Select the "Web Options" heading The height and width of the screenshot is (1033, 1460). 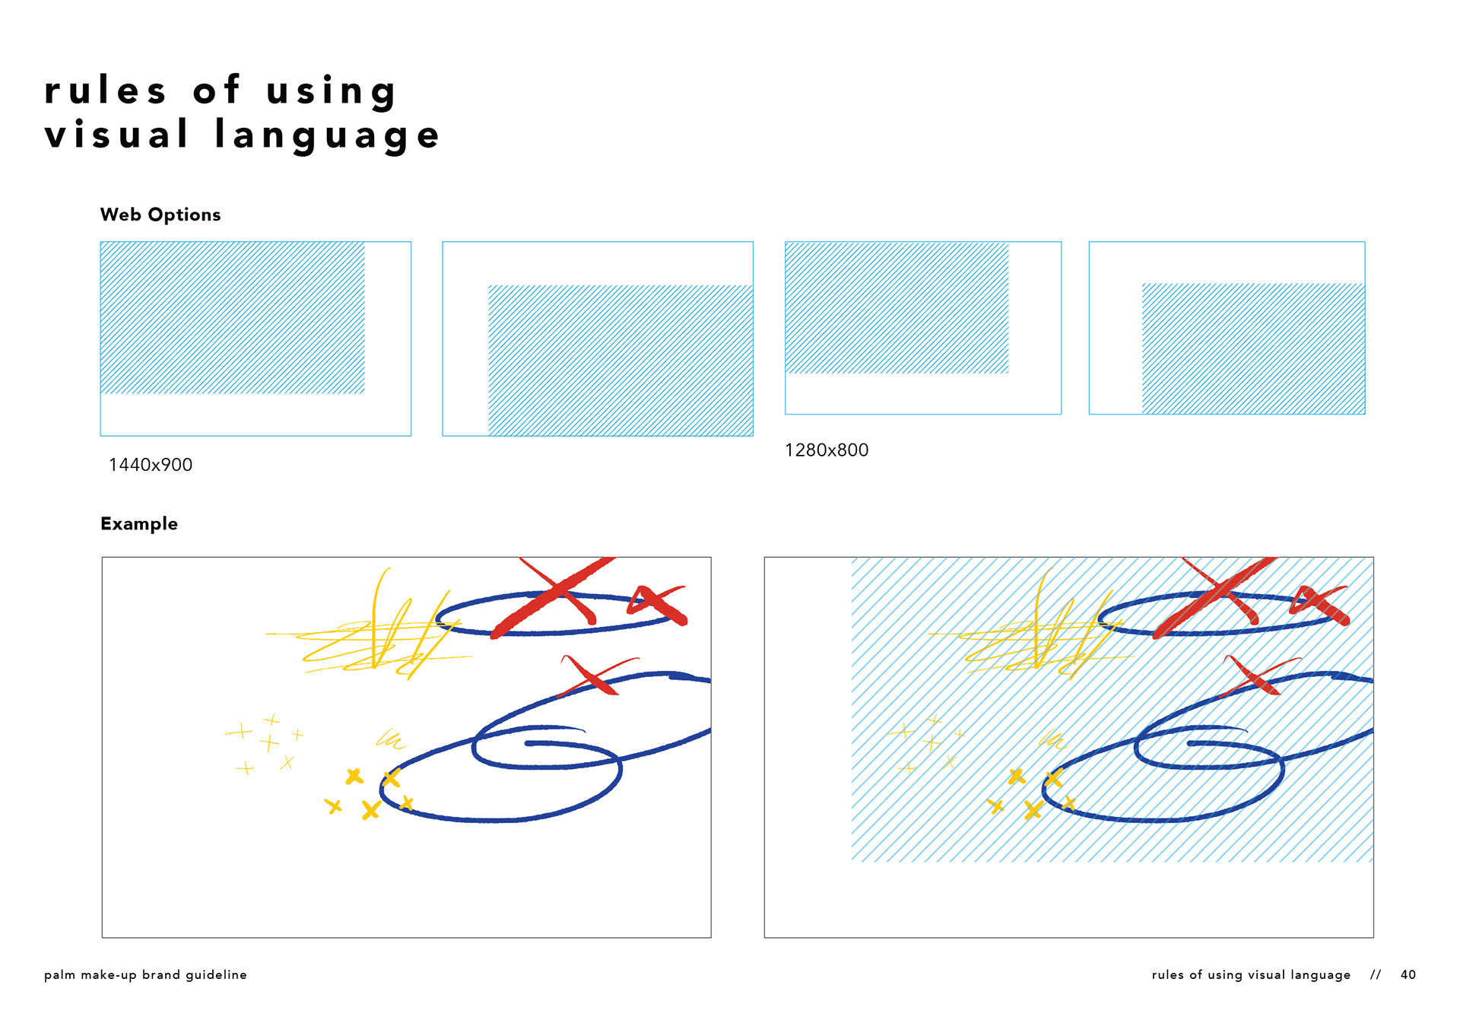(160, 215)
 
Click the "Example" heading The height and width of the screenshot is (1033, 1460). (139, 524)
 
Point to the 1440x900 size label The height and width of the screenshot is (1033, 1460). (151, 465)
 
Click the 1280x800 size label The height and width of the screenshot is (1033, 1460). (827, 450)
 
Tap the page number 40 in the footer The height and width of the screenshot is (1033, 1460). (1408, 974)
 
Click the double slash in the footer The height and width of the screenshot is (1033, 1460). (1376, 974)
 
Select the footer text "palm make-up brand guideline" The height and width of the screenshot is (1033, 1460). (145, 975)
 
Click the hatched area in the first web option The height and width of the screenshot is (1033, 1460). (233, 317)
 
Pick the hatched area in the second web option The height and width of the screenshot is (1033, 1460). (620, 361)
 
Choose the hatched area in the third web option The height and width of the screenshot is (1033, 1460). (897, 307)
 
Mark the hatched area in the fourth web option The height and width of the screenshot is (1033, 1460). (1253, 348)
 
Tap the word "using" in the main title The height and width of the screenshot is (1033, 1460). (332, 92)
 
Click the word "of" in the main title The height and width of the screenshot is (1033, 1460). (217, 89)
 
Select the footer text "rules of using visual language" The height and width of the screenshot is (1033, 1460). (1252, 975)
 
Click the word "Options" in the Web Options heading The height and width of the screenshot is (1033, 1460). (184, 215)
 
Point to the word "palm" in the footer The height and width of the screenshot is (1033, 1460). (59, 975)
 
